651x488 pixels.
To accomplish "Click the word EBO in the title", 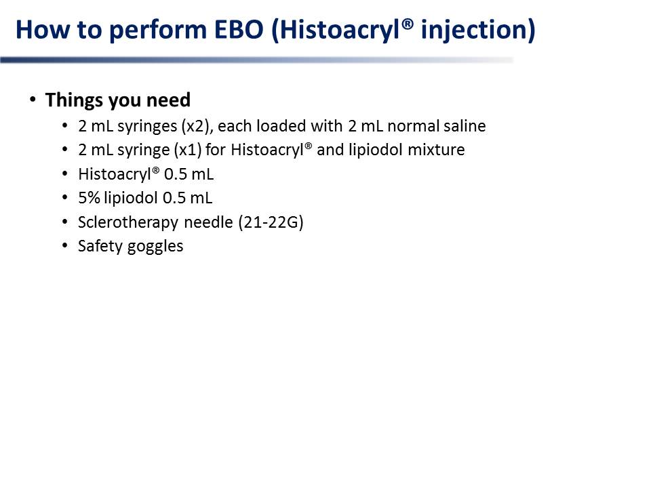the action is click(239, 30).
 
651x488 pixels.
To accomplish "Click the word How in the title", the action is click(43, 30).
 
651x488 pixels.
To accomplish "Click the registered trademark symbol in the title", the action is click(408, 24).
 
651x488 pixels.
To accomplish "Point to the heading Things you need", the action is click(118, 100).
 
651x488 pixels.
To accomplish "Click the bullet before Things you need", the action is click(33, 100).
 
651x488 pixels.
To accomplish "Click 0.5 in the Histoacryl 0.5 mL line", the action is click(175, 174).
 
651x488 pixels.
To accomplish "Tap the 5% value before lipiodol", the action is click(89, 198).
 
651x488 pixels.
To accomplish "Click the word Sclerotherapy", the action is click(128, 222).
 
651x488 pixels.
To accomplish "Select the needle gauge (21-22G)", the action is click(271, 222).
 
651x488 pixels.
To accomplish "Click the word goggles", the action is click(155, 247).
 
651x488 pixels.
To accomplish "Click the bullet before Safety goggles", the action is click(65, 245).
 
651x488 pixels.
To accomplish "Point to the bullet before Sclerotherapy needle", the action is click(65, 222).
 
